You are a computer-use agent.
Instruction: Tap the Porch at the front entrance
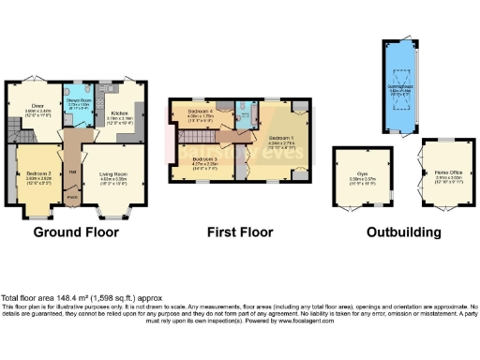[72, 198]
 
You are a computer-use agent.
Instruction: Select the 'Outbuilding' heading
[403, 231]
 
